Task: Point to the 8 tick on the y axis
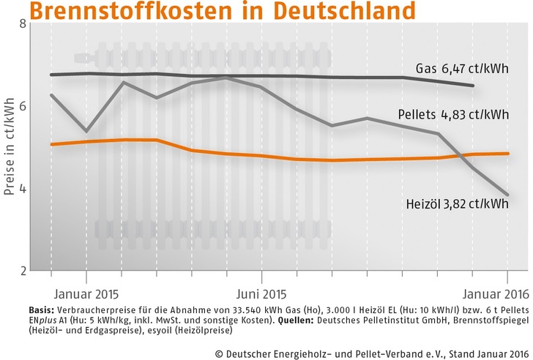20,23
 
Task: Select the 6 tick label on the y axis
20,106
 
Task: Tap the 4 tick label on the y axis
20,189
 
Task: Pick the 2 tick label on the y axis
20,271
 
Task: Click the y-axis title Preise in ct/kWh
9,146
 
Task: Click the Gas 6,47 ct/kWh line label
462,70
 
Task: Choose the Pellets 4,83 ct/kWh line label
453,114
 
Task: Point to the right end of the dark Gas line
474,86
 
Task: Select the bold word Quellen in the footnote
272,320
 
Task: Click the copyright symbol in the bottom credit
219,347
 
